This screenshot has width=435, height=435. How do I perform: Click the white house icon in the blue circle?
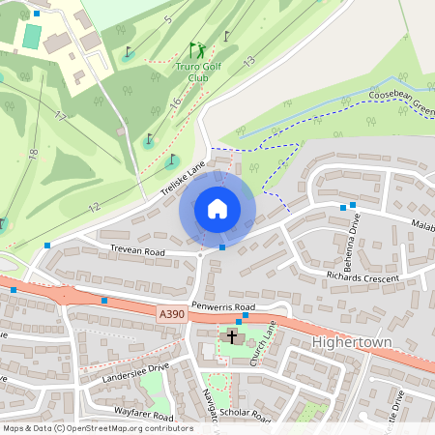pos(217,208)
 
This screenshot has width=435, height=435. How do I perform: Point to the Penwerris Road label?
pos(221,305)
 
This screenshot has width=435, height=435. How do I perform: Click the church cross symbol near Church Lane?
pos(232,337)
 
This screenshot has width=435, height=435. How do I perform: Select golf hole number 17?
pos(60,116)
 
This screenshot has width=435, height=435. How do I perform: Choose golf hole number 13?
pos(248,61)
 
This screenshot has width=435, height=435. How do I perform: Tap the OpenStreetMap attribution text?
pos(97,428)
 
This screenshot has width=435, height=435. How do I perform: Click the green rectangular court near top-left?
pos(32,37)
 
